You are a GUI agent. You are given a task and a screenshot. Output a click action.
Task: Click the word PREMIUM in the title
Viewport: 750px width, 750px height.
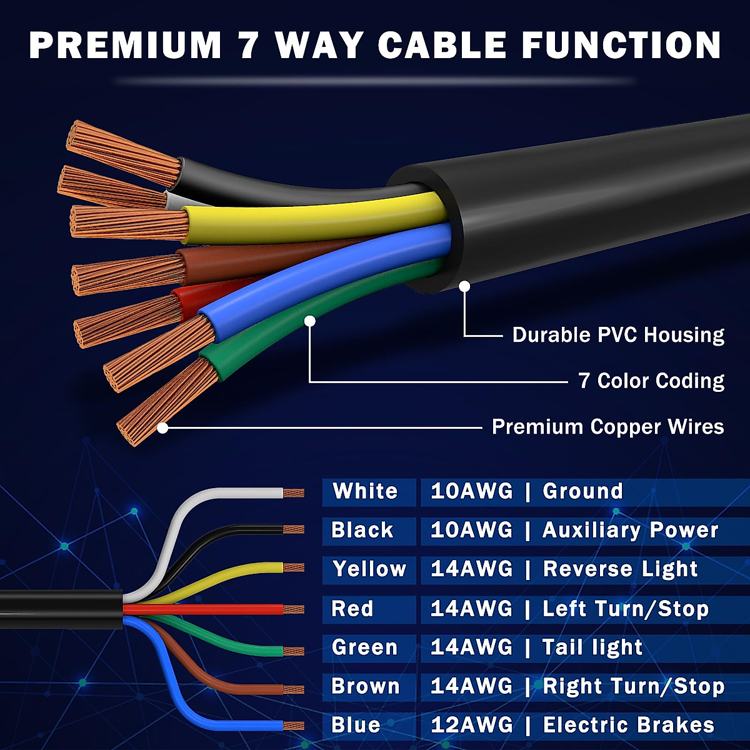(125, 45)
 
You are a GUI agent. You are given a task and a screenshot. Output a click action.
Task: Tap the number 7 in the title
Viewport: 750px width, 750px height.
(248, 45)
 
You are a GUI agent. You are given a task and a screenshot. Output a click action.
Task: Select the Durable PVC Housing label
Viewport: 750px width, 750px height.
(618, 335)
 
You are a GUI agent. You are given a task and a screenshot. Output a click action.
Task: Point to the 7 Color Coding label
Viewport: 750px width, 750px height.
(651, 381)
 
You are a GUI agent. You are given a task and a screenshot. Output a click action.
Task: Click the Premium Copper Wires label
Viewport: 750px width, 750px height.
(607, 427)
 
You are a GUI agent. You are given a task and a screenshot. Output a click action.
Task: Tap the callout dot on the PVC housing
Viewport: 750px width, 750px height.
(464, 286)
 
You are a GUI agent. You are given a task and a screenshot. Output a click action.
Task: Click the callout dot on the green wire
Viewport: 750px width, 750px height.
(310, 321)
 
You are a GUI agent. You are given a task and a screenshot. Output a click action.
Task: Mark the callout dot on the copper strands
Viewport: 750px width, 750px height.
(162, 428)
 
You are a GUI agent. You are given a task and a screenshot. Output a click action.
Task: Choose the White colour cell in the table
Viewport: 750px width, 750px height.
(366, 491)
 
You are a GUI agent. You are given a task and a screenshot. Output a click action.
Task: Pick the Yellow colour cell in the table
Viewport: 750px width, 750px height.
(369, 569)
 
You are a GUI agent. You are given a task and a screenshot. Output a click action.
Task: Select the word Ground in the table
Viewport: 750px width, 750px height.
(582, 491)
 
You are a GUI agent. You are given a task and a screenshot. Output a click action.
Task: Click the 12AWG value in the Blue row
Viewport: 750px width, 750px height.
(471, 725)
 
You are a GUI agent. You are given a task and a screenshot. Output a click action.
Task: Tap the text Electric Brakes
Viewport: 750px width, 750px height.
(628, 725)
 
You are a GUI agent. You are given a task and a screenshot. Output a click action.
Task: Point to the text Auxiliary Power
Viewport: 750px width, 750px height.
(630, 531)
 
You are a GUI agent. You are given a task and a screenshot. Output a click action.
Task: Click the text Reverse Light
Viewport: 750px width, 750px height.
(620, 569)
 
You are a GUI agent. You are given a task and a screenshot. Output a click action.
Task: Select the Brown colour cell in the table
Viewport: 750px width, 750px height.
(366, 686)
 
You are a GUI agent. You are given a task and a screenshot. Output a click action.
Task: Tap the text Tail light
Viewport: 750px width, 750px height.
(592, 647)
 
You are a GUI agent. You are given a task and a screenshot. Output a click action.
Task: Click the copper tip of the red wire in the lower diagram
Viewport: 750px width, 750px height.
(293, 609)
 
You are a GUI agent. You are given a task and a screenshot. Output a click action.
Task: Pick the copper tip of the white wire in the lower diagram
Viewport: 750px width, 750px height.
(293, 493)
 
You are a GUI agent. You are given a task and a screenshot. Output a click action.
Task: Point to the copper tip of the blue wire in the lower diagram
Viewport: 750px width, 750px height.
(293, 726)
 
